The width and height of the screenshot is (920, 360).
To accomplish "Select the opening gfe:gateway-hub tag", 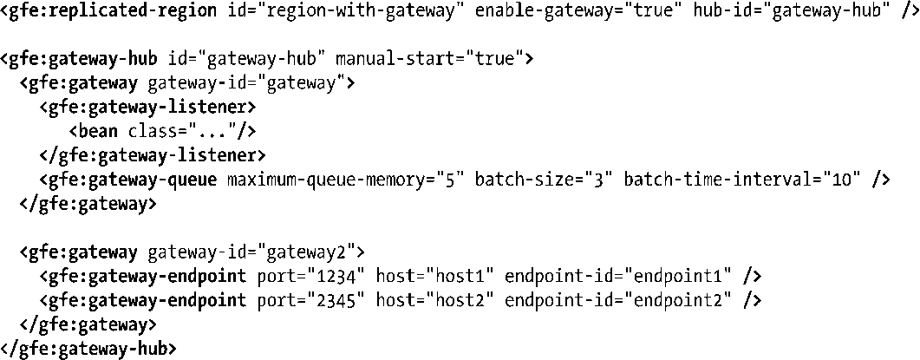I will coord(79,60).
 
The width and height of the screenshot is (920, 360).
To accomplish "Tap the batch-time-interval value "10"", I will coord(845,180).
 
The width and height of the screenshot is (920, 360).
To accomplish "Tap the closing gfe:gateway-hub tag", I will coord(88,349).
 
